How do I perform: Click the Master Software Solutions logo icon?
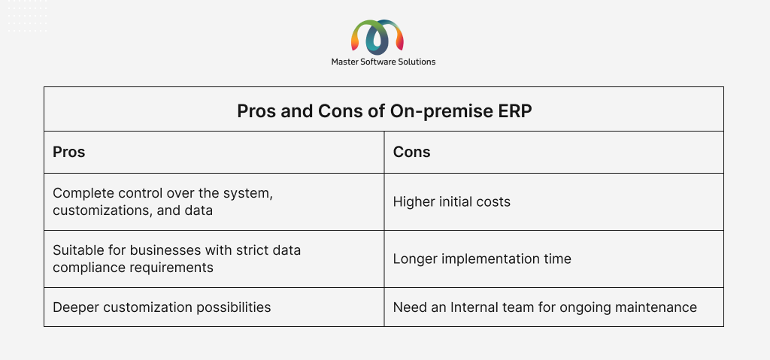[377, 38]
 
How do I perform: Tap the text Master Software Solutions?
[383, 62]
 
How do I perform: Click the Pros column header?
[68, 153]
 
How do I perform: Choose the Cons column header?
[411, 153]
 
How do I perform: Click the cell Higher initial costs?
[452, 202]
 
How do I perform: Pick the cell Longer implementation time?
[482, 259]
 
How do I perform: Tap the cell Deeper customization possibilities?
[162, 307]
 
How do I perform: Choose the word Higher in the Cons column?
[410, 202]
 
